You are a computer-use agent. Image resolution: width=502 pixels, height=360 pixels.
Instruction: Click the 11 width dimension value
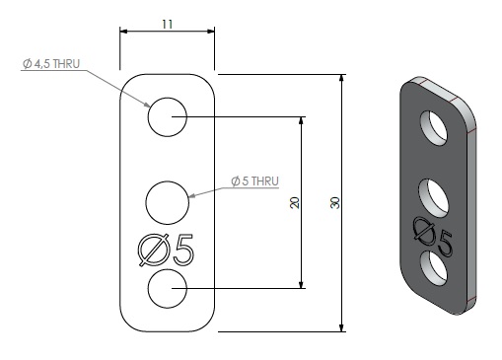(167, 24)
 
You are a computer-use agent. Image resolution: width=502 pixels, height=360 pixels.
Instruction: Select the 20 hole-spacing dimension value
(295, 202)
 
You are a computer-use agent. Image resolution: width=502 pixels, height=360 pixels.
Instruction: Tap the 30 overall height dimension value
(334, 202)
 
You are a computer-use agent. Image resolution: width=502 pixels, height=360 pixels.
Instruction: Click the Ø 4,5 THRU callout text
(51, 64)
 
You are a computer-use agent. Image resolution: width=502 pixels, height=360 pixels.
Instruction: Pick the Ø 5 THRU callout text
(254, 181)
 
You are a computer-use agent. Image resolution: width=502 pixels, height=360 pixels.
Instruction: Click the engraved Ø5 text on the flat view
(166, 250)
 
